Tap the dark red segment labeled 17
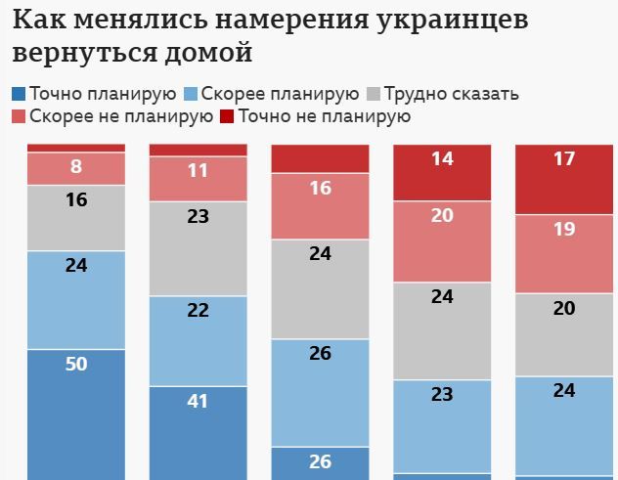pos(564,179)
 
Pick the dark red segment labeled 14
pos(442,172)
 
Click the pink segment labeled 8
pos(76,168)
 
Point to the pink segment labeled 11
pos(198,178)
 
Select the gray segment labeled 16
pos(76,217)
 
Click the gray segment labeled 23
pos(198,248)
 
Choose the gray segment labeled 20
pos(564,334)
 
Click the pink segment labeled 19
pos(564,253)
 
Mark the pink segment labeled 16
pos(320,205)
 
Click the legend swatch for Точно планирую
pos(19,94)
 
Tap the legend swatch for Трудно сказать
pos(373,94)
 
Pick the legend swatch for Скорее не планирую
pos(19,116)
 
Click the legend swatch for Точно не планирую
pos(227,116)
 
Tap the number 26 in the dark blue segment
pos(320,461)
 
